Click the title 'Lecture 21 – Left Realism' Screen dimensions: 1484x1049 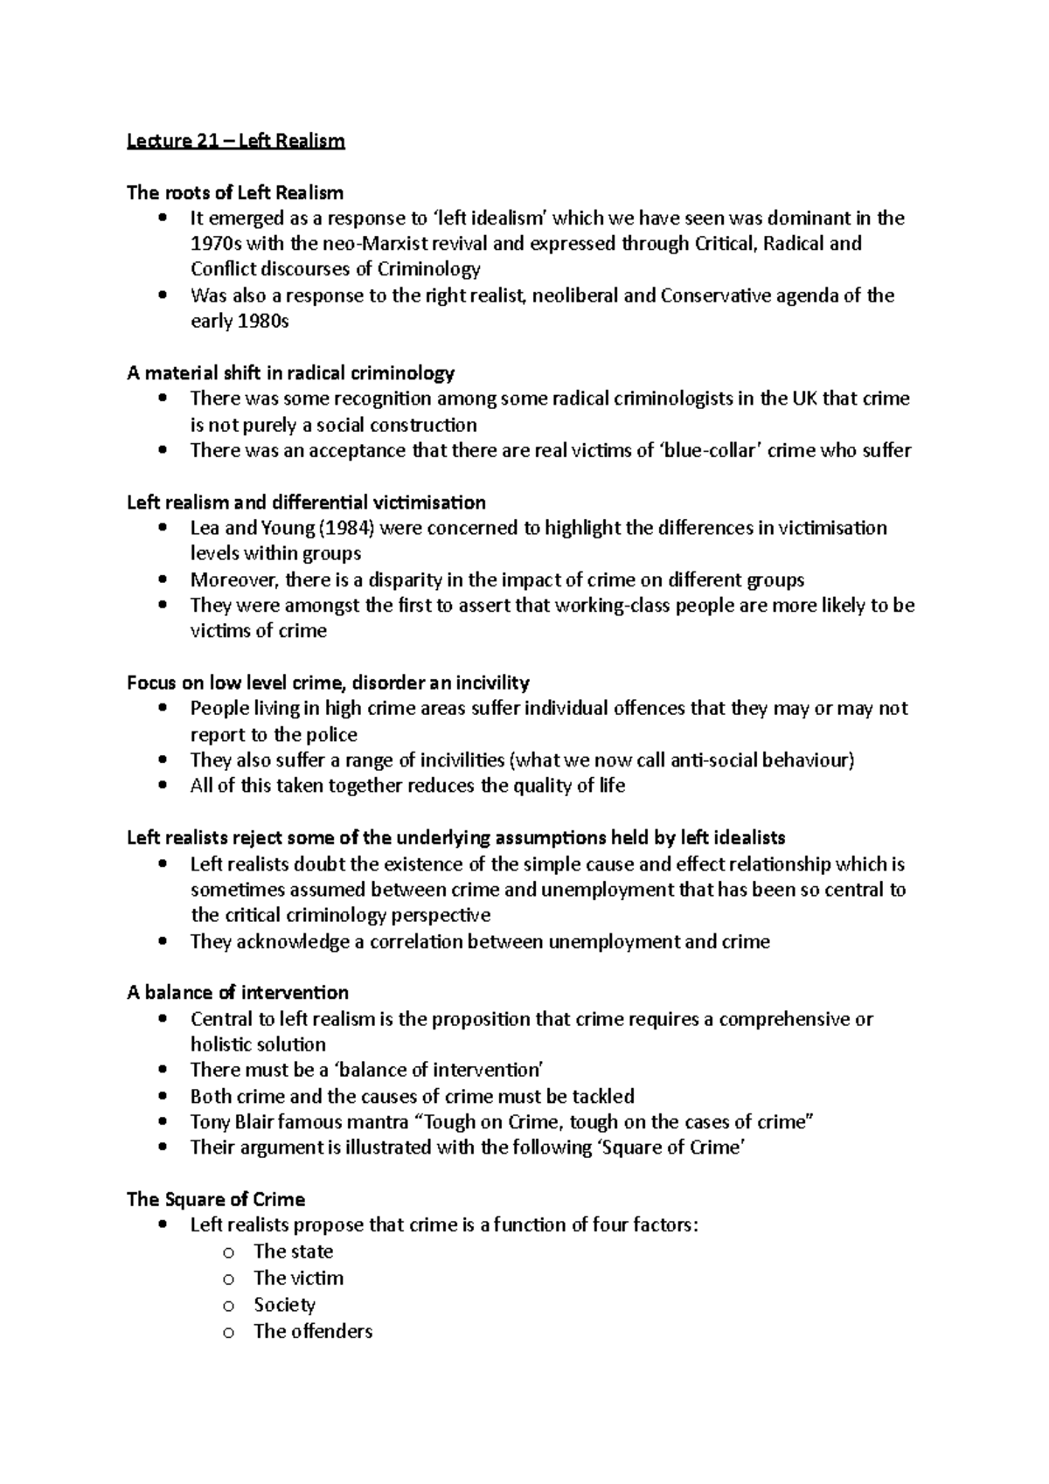236,141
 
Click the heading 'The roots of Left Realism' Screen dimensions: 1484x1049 235,192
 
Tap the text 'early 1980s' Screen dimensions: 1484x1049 240,322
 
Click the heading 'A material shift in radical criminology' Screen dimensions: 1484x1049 290,373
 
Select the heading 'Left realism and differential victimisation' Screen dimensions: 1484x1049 306,503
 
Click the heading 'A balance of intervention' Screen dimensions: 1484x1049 238,993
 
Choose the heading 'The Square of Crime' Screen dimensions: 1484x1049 216,1200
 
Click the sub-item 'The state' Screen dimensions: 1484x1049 293,1252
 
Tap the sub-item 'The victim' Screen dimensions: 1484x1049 298,1278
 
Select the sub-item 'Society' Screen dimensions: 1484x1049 284,1305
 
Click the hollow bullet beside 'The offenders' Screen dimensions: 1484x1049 229,1333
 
